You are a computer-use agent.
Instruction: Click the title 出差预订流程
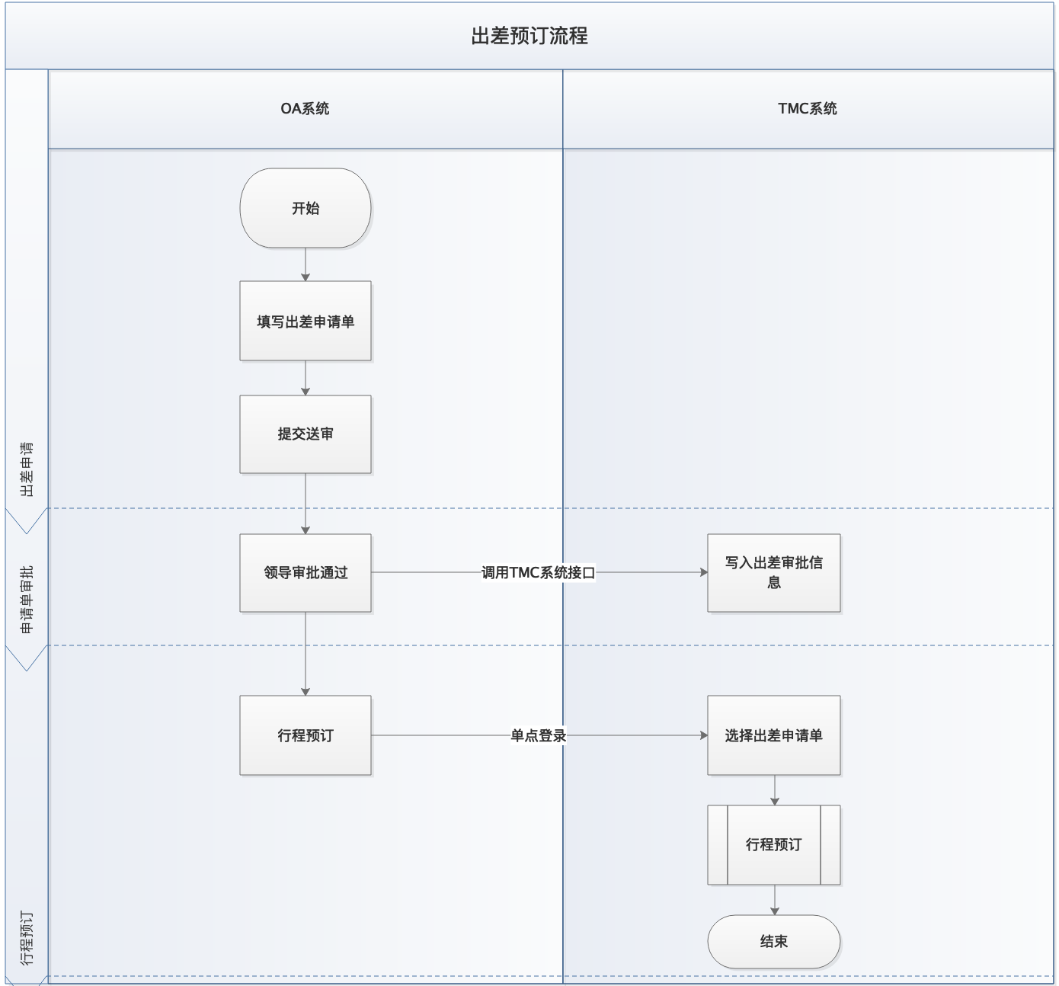(529, 36)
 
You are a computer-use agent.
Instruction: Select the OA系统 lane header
(305, 108)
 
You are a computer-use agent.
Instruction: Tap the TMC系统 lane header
(808, 108)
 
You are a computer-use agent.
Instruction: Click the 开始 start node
(305, 208)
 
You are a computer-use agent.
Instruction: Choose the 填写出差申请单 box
(305, 321)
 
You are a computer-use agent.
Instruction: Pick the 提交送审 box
(305, 434)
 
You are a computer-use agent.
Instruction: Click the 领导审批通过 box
(305, 572)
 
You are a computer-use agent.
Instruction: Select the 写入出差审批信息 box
(773, 572)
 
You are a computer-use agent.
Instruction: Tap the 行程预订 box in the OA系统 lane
(305, 735)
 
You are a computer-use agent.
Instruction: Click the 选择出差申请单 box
(773, 735)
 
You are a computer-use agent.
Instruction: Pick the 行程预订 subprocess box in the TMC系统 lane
(773, 844)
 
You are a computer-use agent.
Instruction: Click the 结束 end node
(773, 941)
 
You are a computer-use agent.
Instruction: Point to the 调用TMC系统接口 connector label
(538, 572)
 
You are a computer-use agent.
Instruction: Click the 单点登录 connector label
(538, 735)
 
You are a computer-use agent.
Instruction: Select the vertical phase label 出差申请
(27, 469)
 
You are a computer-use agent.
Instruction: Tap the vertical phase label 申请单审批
(27, 600)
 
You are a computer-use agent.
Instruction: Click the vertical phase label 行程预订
(27, 937)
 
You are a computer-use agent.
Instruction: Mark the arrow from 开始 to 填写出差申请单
(306, 264)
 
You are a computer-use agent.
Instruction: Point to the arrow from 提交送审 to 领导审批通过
(306, 504)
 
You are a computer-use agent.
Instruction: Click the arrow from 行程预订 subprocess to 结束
(775, 900)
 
